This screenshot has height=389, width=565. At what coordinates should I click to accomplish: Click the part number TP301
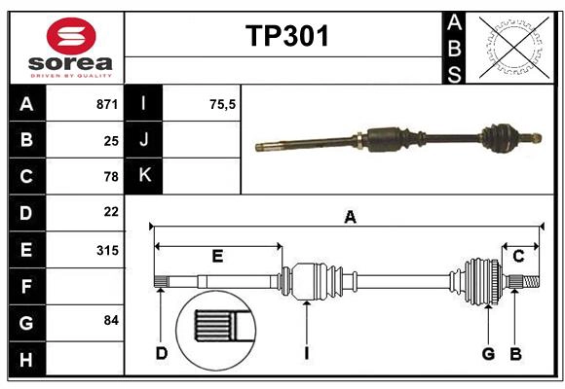[286, 37]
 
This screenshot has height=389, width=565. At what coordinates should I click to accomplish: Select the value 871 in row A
[107, 104]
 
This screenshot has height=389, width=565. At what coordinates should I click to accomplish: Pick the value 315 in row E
[107, 250]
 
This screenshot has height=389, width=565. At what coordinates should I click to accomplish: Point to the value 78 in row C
[110, 176]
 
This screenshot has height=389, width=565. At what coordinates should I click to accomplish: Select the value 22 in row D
[110, 212]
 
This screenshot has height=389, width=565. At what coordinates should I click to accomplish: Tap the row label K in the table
[144, 176]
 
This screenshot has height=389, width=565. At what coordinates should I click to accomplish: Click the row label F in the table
[26, 286]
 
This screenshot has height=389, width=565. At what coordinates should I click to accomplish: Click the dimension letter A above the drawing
[350, 218]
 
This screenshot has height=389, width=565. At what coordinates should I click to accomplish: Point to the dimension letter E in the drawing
[217, 256]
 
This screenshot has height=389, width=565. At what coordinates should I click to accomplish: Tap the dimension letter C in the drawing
[518, 256]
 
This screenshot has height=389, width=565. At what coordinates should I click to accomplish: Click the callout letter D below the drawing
[161, 353]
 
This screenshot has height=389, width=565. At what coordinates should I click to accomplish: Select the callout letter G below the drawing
[488, 353]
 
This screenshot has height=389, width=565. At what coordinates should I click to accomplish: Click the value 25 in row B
[111, 140]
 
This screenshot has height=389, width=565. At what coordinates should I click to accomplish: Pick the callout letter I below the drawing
[306, 353]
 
